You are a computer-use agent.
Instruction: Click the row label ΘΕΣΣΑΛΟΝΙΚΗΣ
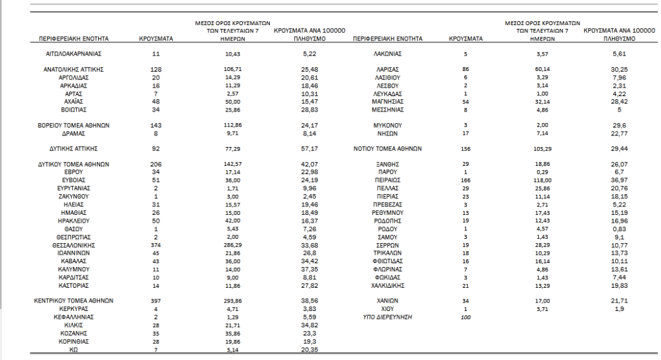[x=72, y=245]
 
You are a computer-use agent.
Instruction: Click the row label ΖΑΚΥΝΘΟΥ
[x=72, y=195]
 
